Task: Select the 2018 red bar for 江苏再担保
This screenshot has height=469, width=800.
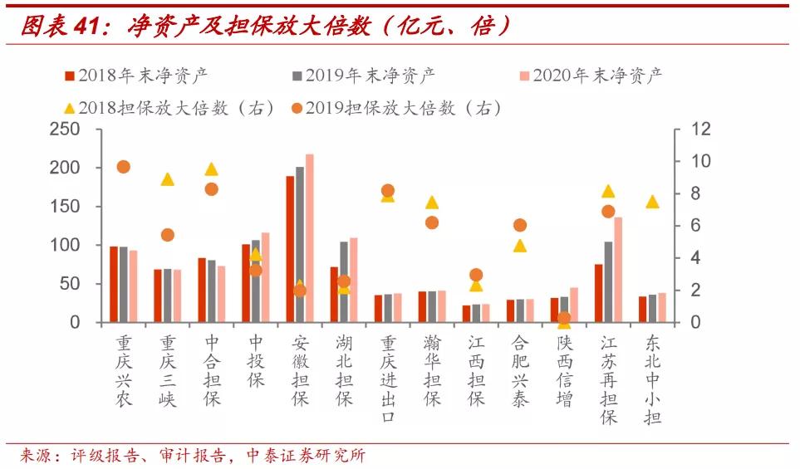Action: (x=598, y=293)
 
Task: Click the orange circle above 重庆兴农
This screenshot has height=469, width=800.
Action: (x=124, y=167)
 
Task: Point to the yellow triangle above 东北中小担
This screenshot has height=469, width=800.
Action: (x=652, y=202)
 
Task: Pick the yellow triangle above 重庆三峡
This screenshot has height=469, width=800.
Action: (x=168, y=179)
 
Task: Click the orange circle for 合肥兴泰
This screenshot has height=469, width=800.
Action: (x=520, y=225)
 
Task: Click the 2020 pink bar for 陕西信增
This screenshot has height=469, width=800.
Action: (x=573, y=305)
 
